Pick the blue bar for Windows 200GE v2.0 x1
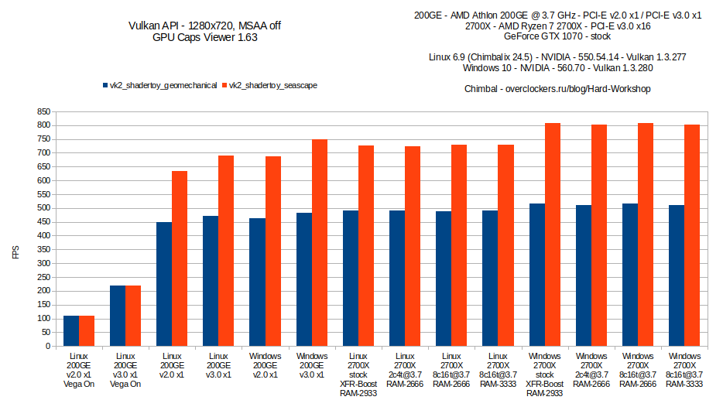pos(257,282)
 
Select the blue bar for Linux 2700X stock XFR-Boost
pos(351,278)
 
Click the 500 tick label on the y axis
pos(43,208)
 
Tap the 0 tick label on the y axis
pos(48,346)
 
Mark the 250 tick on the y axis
pos(43,277)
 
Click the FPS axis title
pos(15,252)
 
